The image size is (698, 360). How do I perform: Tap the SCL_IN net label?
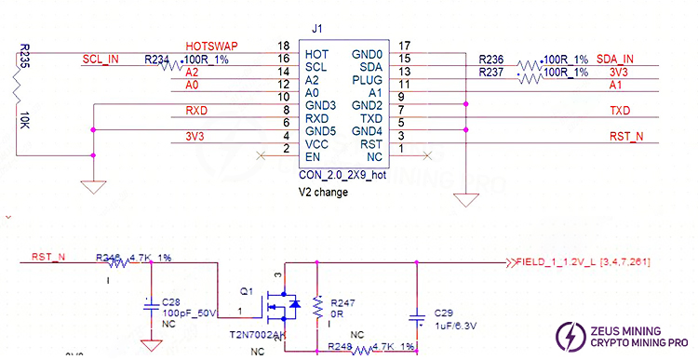[101, 59]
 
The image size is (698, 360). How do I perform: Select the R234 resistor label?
[157, 59]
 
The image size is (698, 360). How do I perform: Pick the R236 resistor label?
[493, 59]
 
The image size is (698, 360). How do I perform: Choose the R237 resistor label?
[493, 73]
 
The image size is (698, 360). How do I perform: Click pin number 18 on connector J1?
[283, 46]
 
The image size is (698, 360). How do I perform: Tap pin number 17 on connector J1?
[404, 46]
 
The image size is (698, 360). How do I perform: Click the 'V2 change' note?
[323, 193]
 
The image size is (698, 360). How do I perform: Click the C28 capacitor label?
[172, 302]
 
